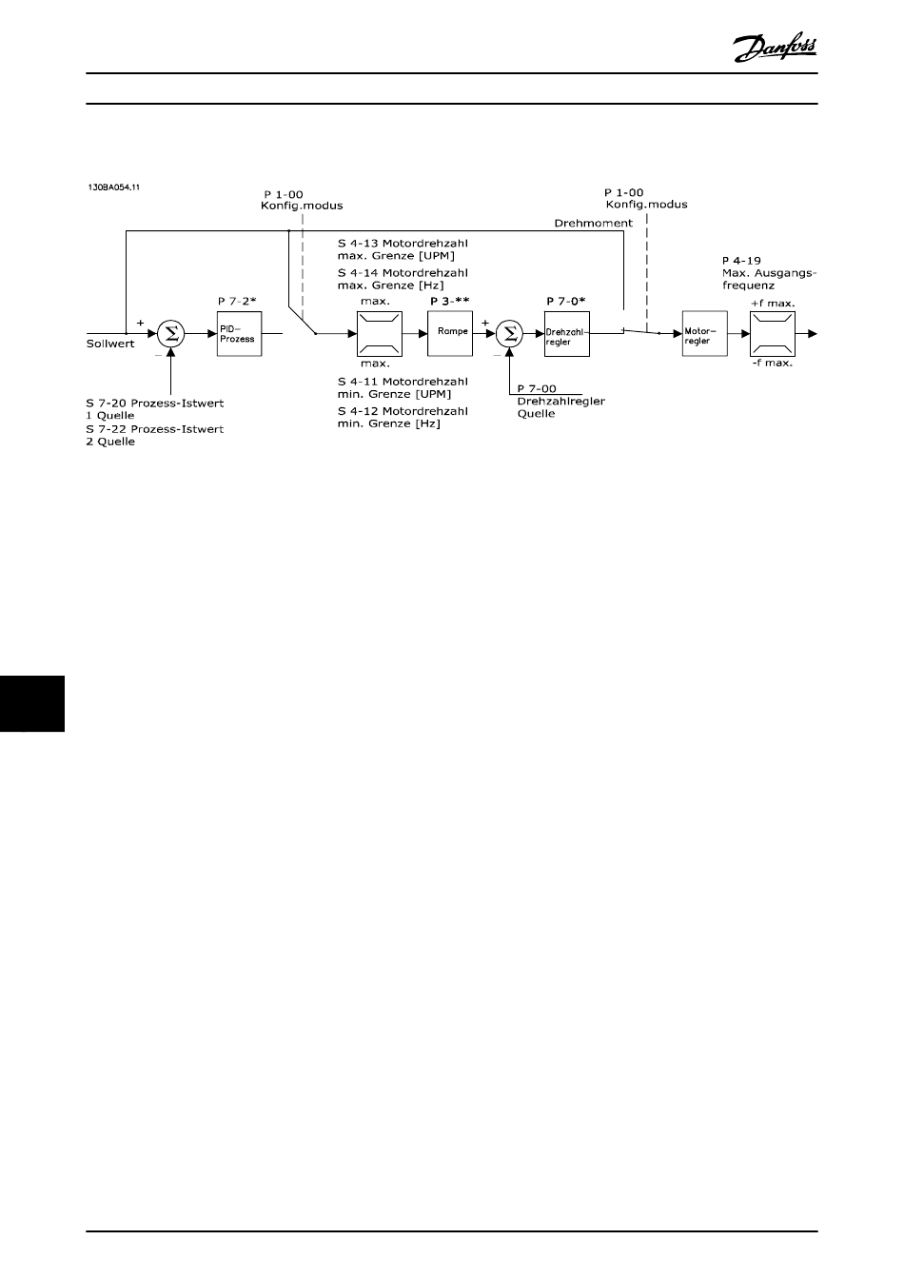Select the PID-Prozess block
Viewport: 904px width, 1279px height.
point(238,334)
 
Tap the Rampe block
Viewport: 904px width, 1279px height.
point(449,333)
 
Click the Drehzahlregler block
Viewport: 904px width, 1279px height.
point(566,334)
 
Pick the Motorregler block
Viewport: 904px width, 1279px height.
point(704,334)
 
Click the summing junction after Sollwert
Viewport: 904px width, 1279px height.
point(171,333)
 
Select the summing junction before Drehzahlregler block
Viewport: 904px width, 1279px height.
point(510,333)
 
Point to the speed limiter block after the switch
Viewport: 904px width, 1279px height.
point(380,334)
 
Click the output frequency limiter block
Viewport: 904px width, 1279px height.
point(772,334)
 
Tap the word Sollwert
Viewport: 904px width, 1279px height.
point(110,344)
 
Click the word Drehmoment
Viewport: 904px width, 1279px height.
point(593,223)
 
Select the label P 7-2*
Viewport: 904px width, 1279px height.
point(237,302)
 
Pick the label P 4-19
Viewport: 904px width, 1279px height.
point(741,260)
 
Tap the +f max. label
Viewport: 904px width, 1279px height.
point(773,303)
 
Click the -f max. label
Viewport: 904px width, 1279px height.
point(773,364)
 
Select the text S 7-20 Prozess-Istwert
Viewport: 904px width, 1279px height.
point(155,403)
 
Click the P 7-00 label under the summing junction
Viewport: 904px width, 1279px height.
point(537,388)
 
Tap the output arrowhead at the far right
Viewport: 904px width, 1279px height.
point(811,334)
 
